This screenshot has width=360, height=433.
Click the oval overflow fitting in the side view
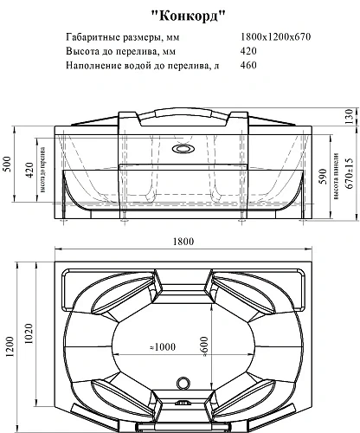182,149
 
